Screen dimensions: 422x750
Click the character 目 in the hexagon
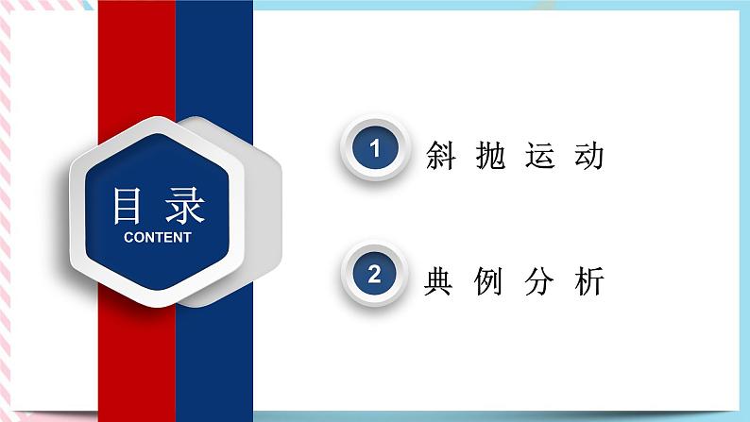click(x=131, y=204)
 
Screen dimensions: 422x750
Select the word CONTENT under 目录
click(x=157, y=237)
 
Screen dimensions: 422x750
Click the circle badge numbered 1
click(x=375, y=149)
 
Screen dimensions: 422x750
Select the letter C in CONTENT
click(x=128, y=237)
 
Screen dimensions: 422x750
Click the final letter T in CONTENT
click(x=187, y=237)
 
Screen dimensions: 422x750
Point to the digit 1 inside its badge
click(x=375, y=149)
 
